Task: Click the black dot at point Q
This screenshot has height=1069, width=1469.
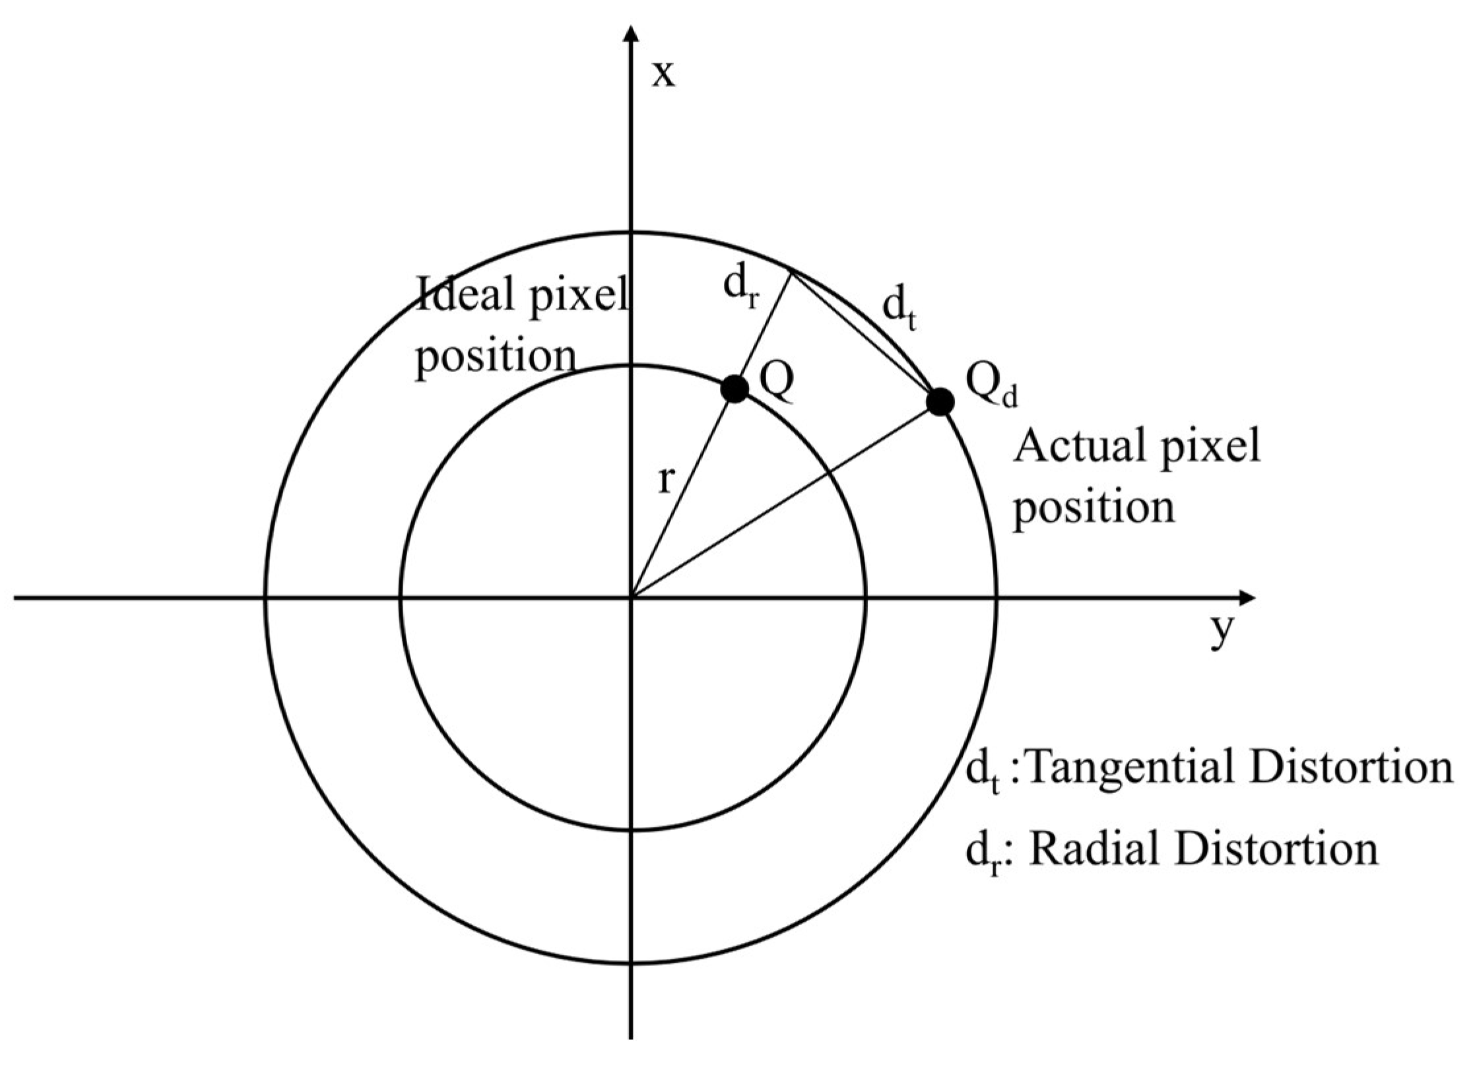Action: click(734, 388)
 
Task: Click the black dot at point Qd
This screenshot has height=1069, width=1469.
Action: click(940, 401)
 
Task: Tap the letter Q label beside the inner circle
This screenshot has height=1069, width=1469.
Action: click(776, 384)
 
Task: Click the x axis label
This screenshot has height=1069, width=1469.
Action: click(663, 75)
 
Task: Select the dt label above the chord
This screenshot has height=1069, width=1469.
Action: click(899, 310)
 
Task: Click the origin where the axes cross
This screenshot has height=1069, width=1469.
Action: click(632, 598)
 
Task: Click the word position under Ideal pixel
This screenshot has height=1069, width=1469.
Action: click(495, 356)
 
